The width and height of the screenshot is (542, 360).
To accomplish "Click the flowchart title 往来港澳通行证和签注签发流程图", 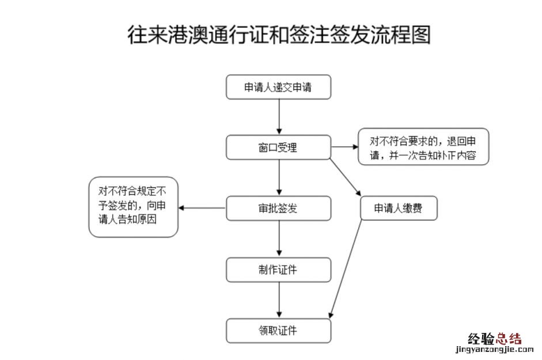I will point(279,35).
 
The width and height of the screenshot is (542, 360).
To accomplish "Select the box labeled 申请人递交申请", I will point(279,87).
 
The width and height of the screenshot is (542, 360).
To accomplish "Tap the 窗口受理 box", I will point(279,147).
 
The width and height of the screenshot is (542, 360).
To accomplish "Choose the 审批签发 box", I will point(279,209).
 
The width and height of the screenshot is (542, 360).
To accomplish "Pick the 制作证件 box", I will point(279,270).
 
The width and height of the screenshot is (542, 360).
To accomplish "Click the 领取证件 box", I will point(279,331).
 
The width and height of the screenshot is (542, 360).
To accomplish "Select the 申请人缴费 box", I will point(399,209).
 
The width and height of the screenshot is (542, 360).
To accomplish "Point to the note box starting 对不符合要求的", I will point(423,147).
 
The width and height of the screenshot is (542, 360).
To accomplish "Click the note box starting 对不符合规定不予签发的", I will point(133,207).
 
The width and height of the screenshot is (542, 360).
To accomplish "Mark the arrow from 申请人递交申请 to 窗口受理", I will point(279,117).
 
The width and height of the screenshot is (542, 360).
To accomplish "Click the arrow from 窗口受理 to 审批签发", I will point(279,177).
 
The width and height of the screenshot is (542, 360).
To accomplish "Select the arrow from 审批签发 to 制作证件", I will point(279,238).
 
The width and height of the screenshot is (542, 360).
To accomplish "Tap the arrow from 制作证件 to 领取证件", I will point(279,300).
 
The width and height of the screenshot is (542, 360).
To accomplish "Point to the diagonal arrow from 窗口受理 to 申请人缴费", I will point(346,178).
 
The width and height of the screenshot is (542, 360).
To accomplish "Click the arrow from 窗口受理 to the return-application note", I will point(344,147).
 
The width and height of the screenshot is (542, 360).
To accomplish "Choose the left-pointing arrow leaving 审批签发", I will point(202,208).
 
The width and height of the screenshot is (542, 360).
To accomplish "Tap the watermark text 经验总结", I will point(495,339).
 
